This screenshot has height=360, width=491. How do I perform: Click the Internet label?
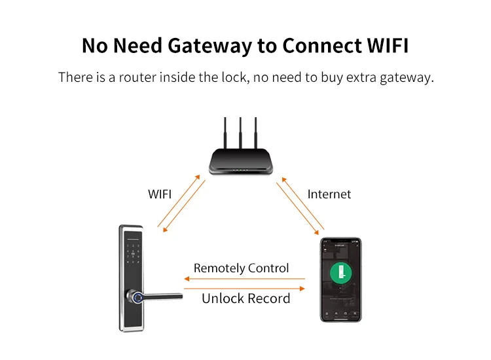pyautogui.click(x=329, y=194)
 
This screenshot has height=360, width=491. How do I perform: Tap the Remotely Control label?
pyautogui.click(x=241, y=268)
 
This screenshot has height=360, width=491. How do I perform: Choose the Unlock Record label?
pyautogui.click(x=245, y=298)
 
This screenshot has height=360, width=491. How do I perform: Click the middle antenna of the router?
pyautogui.click(x=241, y=134)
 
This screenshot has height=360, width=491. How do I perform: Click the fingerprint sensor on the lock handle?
pyautogui.click(x=138, y=298)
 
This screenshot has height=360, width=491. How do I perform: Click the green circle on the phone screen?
pyautogui.click(x=340, y=272)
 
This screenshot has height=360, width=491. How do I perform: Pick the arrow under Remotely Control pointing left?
pyautogui.click(x=245, y=279)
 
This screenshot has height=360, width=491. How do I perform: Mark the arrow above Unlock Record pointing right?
pyautogui.click(x=245, y=287)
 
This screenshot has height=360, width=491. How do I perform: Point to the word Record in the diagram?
pyautogui.click(x=268, y=298)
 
